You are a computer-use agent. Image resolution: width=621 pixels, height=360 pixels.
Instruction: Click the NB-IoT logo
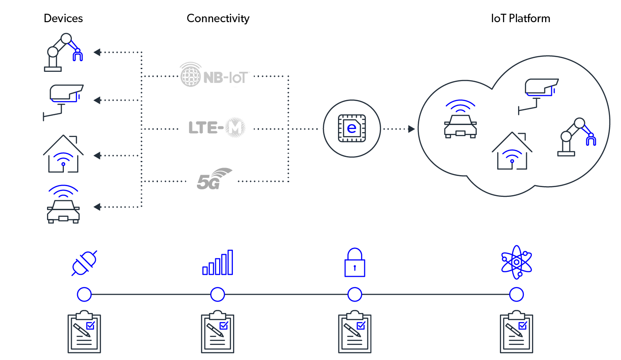coord(215,74)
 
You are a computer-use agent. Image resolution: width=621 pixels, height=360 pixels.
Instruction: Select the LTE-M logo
coord(215,128)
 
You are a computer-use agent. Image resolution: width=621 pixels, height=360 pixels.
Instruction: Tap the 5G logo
coord(215,179)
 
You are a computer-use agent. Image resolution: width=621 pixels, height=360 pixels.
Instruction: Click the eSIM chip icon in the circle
coord(352,129)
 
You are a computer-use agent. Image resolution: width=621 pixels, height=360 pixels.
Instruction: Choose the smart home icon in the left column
coord(63,154)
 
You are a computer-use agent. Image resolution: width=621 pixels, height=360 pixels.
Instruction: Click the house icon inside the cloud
coord(512,151)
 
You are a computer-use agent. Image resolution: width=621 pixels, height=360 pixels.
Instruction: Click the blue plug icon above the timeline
coord(84,263)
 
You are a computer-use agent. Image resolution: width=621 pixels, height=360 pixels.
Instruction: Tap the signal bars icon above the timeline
coord(218,263)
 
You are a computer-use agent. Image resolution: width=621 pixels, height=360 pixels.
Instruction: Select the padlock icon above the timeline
coord(355,262)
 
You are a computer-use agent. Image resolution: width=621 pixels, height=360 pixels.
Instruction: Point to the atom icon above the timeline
coord(516,262)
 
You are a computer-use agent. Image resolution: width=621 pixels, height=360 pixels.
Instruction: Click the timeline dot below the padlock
coord(355,294)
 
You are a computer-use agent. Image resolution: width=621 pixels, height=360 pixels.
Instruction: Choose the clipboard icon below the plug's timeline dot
coord(84,333)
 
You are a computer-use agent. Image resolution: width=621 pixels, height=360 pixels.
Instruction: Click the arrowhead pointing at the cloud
coord(412,129)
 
